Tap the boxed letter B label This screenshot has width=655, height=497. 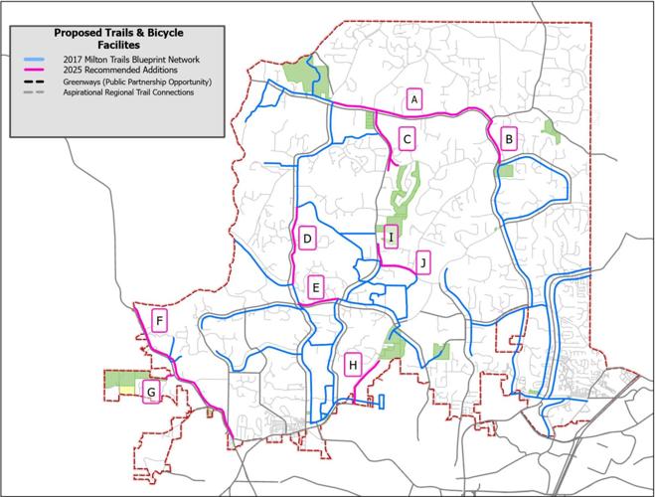click(x=508, y=139)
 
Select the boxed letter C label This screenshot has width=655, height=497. click(x=407, y=139)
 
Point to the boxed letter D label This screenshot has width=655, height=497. click(x=307, y=239)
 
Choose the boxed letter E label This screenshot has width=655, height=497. click(x=316, y=288)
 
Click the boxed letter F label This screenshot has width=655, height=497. click(x=159, y=320)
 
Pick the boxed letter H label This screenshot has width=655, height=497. click(x=352, y=366)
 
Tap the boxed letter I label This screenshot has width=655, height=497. click(x=391, y=237)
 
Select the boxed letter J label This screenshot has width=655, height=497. click(x=423, y=262)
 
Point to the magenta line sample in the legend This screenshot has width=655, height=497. click(x=38, y=72)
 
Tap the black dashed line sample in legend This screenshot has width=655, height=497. click(x=38, y=83)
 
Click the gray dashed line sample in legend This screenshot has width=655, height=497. click(x=38, y=92)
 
